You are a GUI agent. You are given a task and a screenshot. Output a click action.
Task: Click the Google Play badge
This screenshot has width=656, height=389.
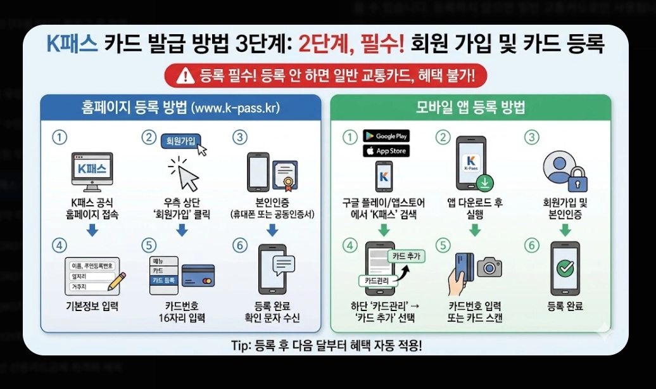[x=386, y=136]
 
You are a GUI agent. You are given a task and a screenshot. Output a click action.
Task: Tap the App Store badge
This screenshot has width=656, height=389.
[x=386, y=151]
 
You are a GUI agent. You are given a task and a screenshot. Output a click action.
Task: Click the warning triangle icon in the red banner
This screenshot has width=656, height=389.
[x=186, y=77]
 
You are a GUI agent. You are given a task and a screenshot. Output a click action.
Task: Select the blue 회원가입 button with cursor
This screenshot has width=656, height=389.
[x=180, y=140]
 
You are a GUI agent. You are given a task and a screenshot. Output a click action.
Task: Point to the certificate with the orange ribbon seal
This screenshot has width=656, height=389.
[x=287, y=175]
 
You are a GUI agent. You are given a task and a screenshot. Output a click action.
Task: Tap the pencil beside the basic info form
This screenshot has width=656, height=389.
[x=117, y=281]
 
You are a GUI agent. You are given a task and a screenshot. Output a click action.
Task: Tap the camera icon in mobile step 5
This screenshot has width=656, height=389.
[x=489, y=267]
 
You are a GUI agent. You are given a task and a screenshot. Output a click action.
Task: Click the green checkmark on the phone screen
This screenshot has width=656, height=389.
[x=564, y=269]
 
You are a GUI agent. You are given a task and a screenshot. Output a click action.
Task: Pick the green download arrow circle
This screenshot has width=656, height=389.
[x=486, y=183]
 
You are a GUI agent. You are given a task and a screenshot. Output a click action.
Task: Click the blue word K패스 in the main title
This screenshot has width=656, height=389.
[x=72, y=45]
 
